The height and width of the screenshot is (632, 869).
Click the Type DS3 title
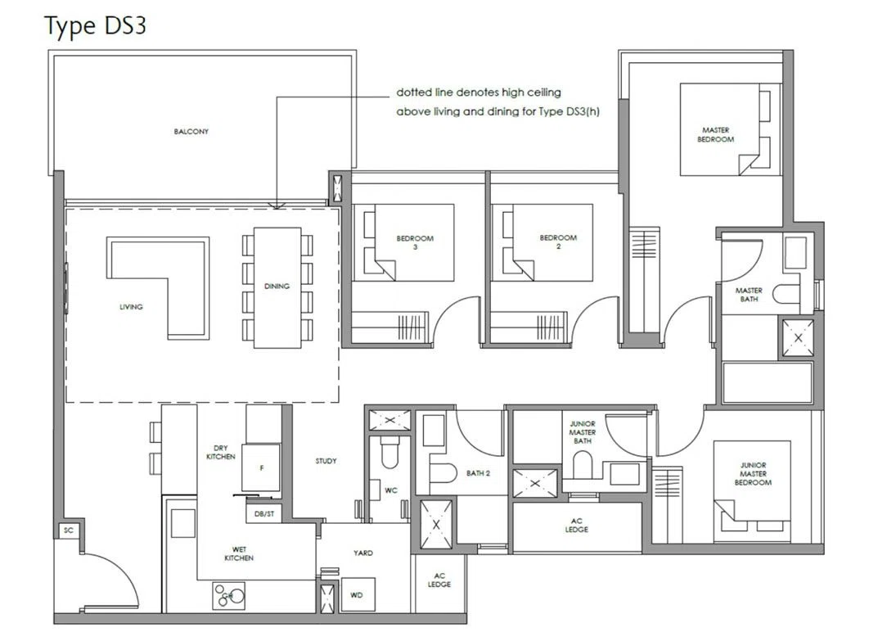95,26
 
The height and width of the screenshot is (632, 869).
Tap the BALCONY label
191,131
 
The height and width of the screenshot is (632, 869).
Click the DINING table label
277,286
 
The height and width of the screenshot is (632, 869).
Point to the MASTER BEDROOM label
715,135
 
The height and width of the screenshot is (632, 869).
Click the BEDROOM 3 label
415,242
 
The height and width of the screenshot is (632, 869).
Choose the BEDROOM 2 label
558,242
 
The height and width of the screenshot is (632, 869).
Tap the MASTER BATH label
749,295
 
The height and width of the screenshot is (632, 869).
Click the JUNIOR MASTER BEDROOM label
753,474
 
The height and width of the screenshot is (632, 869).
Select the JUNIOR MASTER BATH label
583,432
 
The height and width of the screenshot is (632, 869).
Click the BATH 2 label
478,473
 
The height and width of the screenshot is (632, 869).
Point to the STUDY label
326,461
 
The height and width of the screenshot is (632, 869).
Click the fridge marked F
262,467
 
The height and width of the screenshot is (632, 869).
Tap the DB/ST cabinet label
264,514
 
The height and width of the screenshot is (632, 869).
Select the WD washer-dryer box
358,595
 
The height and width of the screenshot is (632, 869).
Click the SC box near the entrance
68,530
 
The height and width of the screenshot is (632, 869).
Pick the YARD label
363,553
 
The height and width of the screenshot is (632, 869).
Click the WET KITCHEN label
239,554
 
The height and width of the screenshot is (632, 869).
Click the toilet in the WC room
390,451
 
